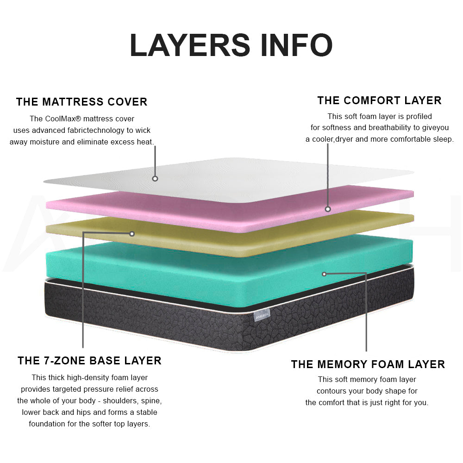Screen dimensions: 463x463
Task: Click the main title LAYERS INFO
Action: (x=231, y=45)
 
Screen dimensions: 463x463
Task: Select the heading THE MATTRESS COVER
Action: (x=82, y=102)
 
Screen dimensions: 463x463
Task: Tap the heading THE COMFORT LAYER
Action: (x=380, y=100)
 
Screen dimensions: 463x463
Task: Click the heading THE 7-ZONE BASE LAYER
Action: (x=89, y=361)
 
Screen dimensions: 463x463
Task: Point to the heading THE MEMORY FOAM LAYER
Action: (x=368, y=364)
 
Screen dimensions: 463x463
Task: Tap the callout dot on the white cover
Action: (x=155, y=178)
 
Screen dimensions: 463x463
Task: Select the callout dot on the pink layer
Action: (x=328, y=209)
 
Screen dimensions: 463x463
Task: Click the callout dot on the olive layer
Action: (x=132, y=234)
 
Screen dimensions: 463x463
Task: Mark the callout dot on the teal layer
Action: (x=324, y=274)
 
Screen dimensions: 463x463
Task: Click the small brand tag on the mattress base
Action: (x=262, y=315)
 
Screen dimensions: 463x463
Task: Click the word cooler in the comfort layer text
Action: (x=323, y=139)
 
